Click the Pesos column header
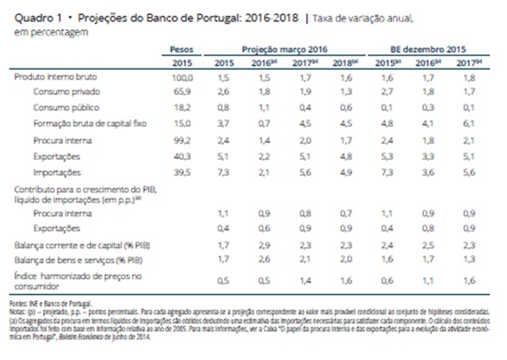pos(183,49)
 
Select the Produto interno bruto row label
pos(49,78)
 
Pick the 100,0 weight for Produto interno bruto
pos(183,78)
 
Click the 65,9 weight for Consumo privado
pos(184,91)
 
